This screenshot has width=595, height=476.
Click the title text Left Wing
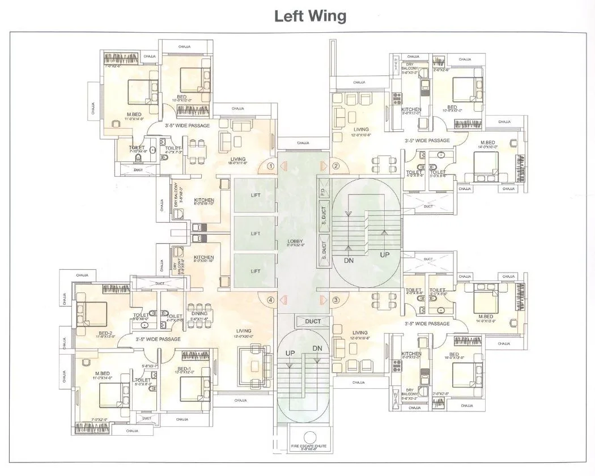click(x=310, y=16)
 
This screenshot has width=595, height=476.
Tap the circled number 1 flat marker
click(x=271, y=166)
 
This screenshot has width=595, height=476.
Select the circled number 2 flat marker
click(x=336, y=166)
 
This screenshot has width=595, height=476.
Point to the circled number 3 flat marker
click(x=336, y=300)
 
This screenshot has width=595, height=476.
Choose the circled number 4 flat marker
click(x=271, y=300)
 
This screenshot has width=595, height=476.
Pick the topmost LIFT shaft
click(x=255, y=195)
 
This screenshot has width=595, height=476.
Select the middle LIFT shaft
click(x=255, y=233)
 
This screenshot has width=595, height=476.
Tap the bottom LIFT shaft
click(x=255, y=271)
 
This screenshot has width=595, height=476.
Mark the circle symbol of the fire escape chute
click(x=309, y=437)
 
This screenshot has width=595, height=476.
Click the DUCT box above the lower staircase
click(x=313, y=321)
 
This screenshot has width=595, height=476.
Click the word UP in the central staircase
click(x=385, y=256)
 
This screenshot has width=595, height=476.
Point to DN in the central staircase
click(x=350, y=260)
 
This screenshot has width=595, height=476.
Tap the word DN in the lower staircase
click(x=317, y=348)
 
